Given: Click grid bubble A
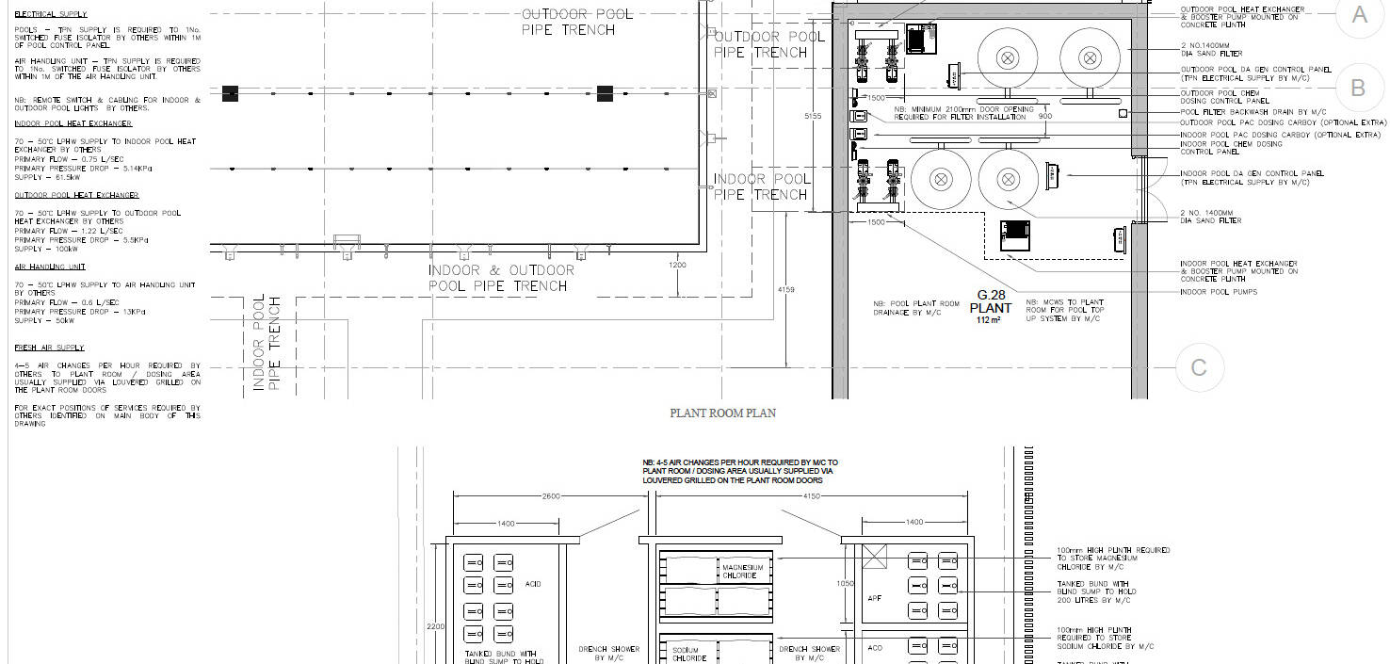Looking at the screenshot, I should [x=1359, y=14].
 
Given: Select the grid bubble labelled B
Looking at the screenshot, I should [x=1358, y=88].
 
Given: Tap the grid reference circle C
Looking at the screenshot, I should [x=1199, y=366].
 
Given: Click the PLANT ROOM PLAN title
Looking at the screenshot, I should [x=722, y=413].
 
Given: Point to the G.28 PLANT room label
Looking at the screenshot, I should [x=991, y=301].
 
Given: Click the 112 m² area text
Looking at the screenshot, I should [x=988, y=320].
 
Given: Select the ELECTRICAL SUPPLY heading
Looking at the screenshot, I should [x=51, y=15].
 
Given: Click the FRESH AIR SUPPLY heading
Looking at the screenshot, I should [x=49, y=348].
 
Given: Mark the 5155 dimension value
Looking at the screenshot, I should [x=815, y=116].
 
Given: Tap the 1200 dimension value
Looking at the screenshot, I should [x=678, y=266].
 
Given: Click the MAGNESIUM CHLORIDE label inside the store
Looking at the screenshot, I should [x=741, y=571].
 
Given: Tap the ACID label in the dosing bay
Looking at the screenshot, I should [x=533, y=584].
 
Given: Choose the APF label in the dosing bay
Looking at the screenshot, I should [x=875, y=597].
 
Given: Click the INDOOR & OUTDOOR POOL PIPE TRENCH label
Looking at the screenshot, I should [x=500, y=278].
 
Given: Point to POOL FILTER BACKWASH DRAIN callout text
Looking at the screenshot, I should [x=1243, y=112].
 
